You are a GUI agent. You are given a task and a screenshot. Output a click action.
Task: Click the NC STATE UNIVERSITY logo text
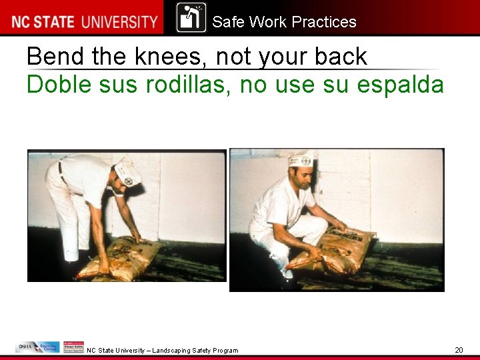(84, 21)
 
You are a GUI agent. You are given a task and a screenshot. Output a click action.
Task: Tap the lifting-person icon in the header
(191, 18)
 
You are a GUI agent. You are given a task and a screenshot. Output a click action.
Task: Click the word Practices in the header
(324, 22)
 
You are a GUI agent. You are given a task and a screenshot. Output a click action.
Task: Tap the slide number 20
(459, 350)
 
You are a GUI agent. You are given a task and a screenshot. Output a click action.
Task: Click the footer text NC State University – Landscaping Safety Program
(162, 350)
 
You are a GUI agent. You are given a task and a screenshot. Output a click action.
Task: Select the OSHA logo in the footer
(27, 347)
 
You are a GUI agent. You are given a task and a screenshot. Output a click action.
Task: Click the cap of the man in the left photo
(127, 173)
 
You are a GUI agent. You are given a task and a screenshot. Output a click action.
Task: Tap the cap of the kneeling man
(300, 159)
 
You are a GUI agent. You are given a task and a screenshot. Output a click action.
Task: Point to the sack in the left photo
(119, 257)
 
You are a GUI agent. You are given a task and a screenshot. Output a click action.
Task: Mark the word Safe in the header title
(228, 22)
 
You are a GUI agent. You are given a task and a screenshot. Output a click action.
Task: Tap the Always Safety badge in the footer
(73, 347)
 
